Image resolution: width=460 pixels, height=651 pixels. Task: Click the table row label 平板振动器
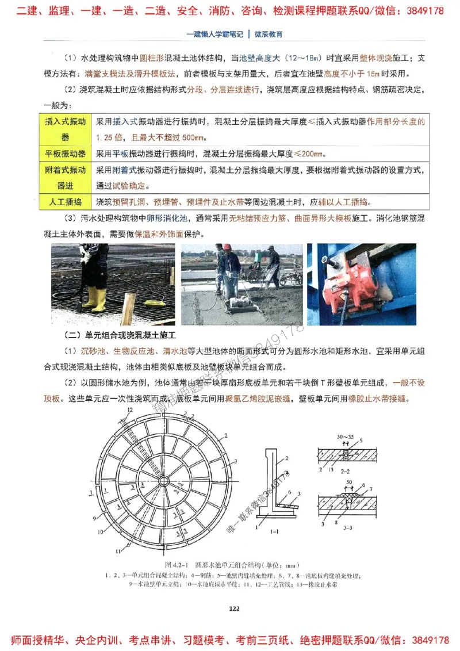point(65,154)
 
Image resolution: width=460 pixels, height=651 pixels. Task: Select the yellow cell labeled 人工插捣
point(65,202)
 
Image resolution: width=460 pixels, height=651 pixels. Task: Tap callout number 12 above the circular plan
point(131,409)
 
